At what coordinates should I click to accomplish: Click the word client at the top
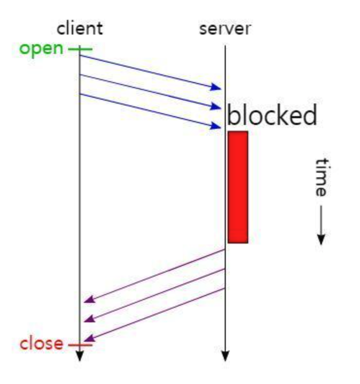[x=80, y=29]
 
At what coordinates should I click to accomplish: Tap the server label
[x=225, y=29]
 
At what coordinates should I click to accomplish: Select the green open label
[x=41, y=49]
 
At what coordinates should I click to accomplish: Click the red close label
[x=41, y=344]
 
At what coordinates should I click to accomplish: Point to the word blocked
[x=272, y=116]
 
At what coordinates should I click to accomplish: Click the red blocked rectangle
[x=238, y=187]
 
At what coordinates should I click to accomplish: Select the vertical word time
[x=321, y=177]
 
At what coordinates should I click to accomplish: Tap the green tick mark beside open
[x=80, y=49]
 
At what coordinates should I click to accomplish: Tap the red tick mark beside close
[x=80, y=345]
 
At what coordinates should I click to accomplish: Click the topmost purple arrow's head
[x=88, y=300]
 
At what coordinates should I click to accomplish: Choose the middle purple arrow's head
[x=88, y=319]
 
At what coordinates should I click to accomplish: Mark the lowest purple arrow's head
[x=88, y=338]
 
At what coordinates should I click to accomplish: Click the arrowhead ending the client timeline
[x=80, y=357]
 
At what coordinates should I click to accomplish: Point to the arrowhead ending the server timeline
[x=225, y=357]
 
